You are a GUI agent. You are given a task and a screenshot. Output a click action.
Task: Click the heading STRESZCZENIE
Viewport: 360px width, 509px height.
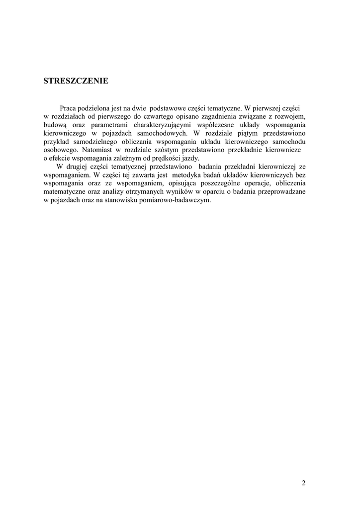(x=76, y=81)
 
